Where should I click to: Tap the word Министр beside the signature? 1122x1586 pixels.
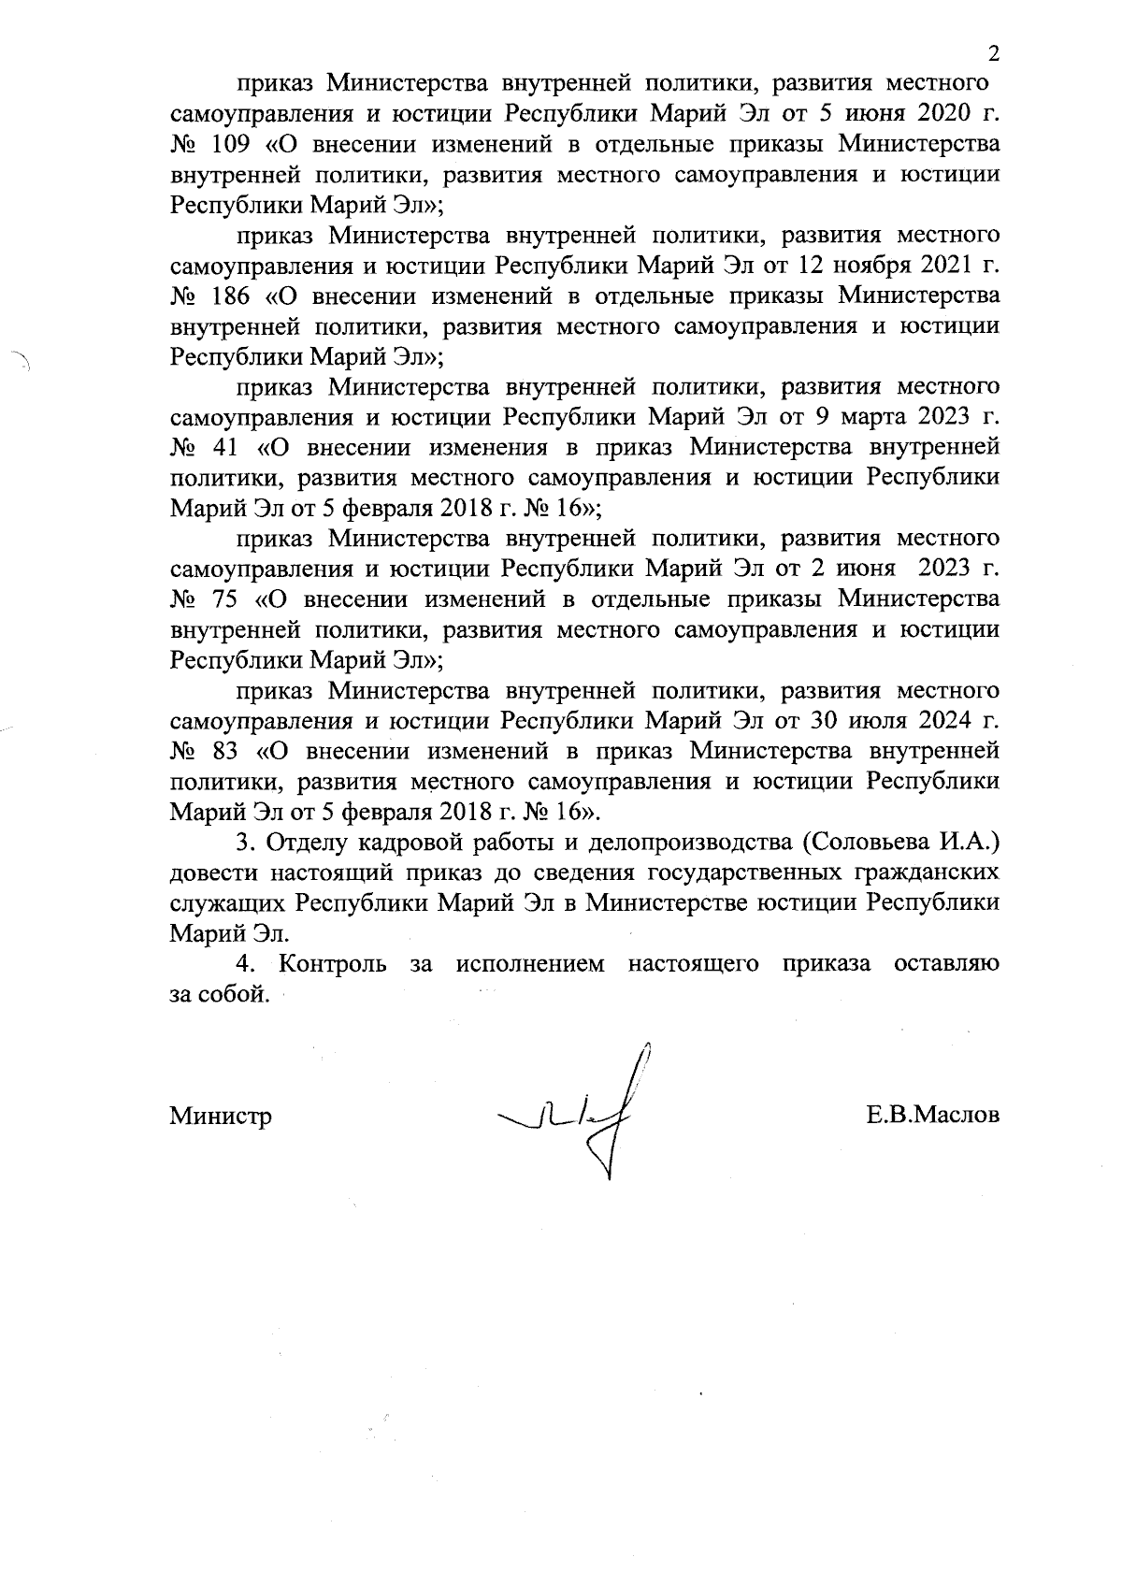tap(221, 1116)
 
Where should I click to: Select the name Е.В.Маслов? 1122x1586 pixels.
tap(933, 1115)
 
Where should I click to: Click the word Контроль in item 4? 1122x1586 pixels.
tap(333, 963)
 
